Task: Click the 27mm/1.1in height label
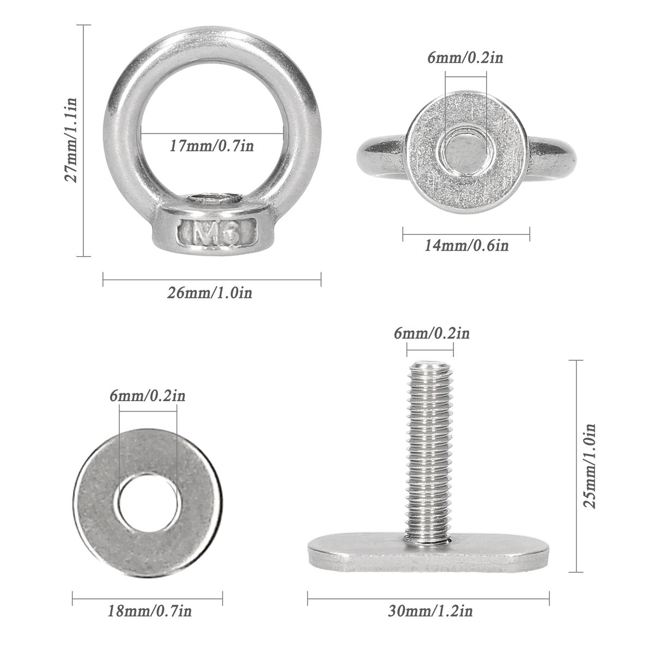71,140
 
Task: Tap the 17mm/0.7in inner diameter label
211,146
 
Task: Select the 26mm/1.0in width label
209,293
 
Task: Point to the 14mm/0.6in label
467,246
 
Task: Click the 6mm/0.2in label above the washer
147,396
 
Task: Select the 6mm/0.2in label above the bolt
432,333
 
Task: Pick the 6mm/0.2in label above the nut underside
465,58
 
